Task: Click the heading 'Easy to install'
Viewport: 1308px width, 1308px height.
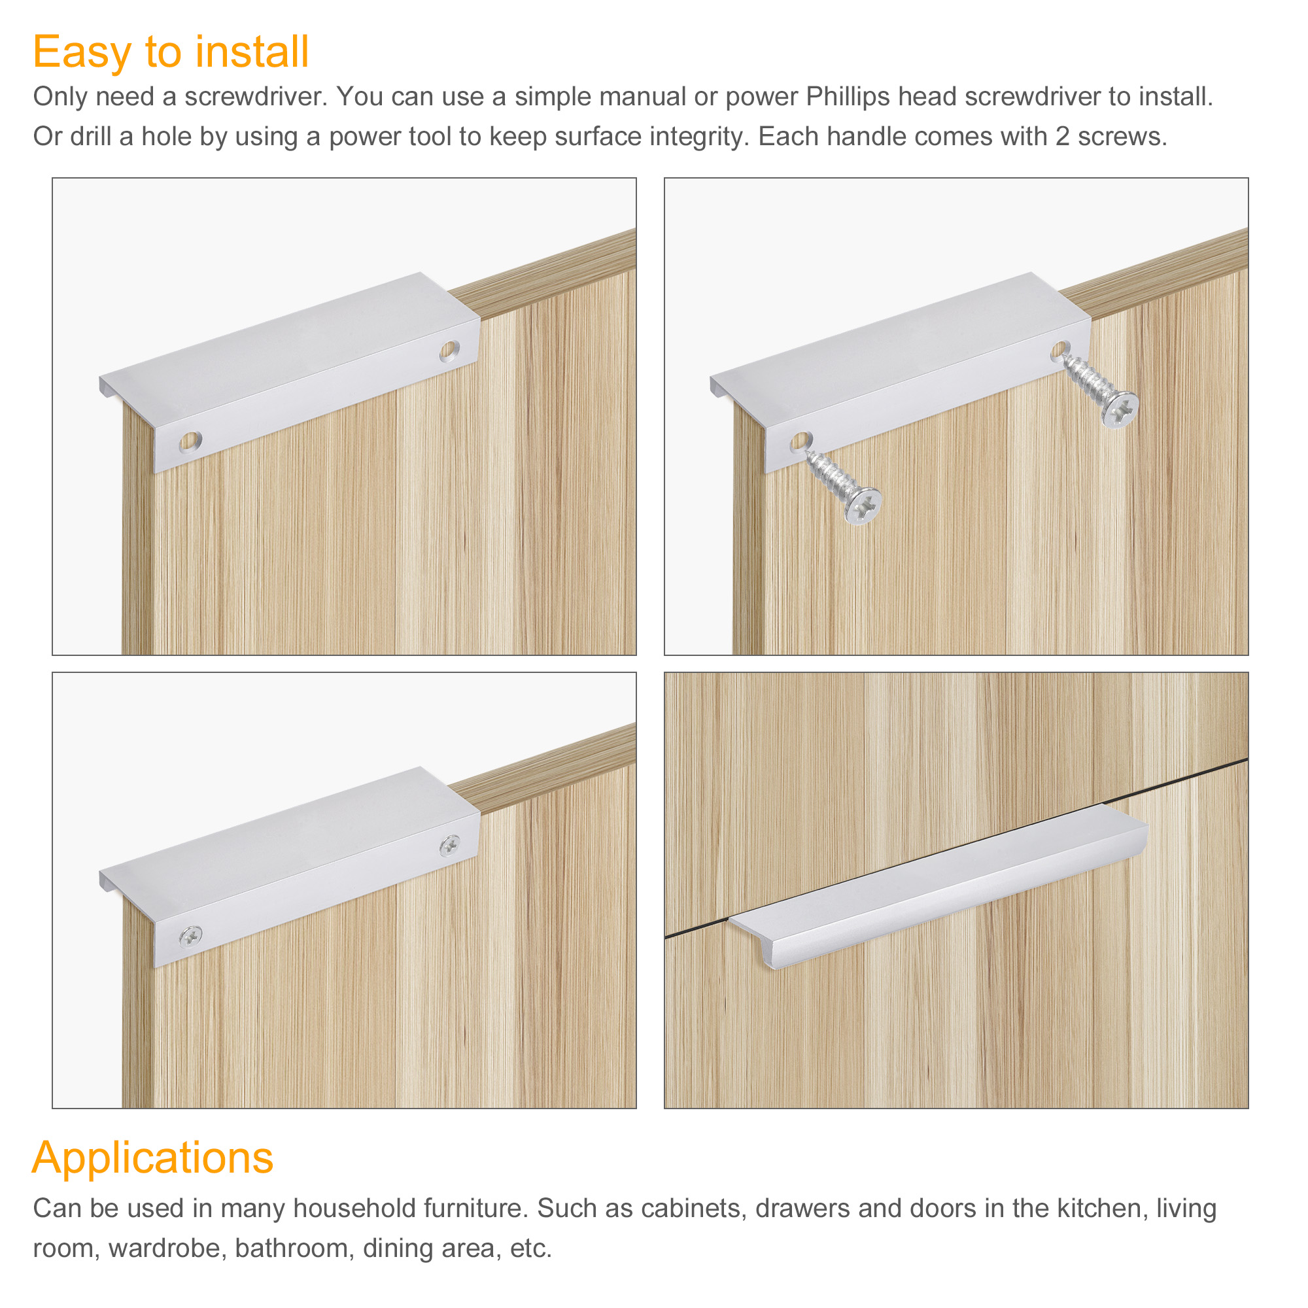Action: click(171, 53)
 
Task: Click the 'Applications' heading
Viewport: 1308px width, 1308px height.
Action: click(153, 1157)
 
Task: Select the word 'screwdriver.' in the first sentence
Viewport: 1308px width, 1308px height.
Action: click(256, 97)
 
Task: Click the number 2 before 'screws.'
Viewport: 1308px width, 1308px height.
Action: click(1062, 137)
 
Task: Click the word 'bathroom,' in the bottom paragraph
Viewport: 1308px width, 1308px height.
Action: click(294, 1248)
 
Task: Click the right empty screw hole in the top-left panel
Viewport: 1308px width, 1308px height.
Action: click(449, 351)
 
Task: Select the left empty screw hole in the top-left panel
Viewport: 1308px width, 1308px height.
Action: click(190, 442)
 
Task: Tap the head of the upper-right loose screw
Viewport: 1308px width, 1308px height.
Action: click(1120, 409)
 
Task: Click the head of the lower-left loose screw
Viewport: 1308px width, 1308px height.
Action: click(863, 506)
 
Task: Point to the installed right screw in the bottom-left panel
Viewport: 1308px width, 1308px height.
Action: click(449, 845)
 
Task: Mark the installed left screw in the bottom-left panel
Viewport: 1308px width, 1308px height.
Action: click(191, 937)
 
